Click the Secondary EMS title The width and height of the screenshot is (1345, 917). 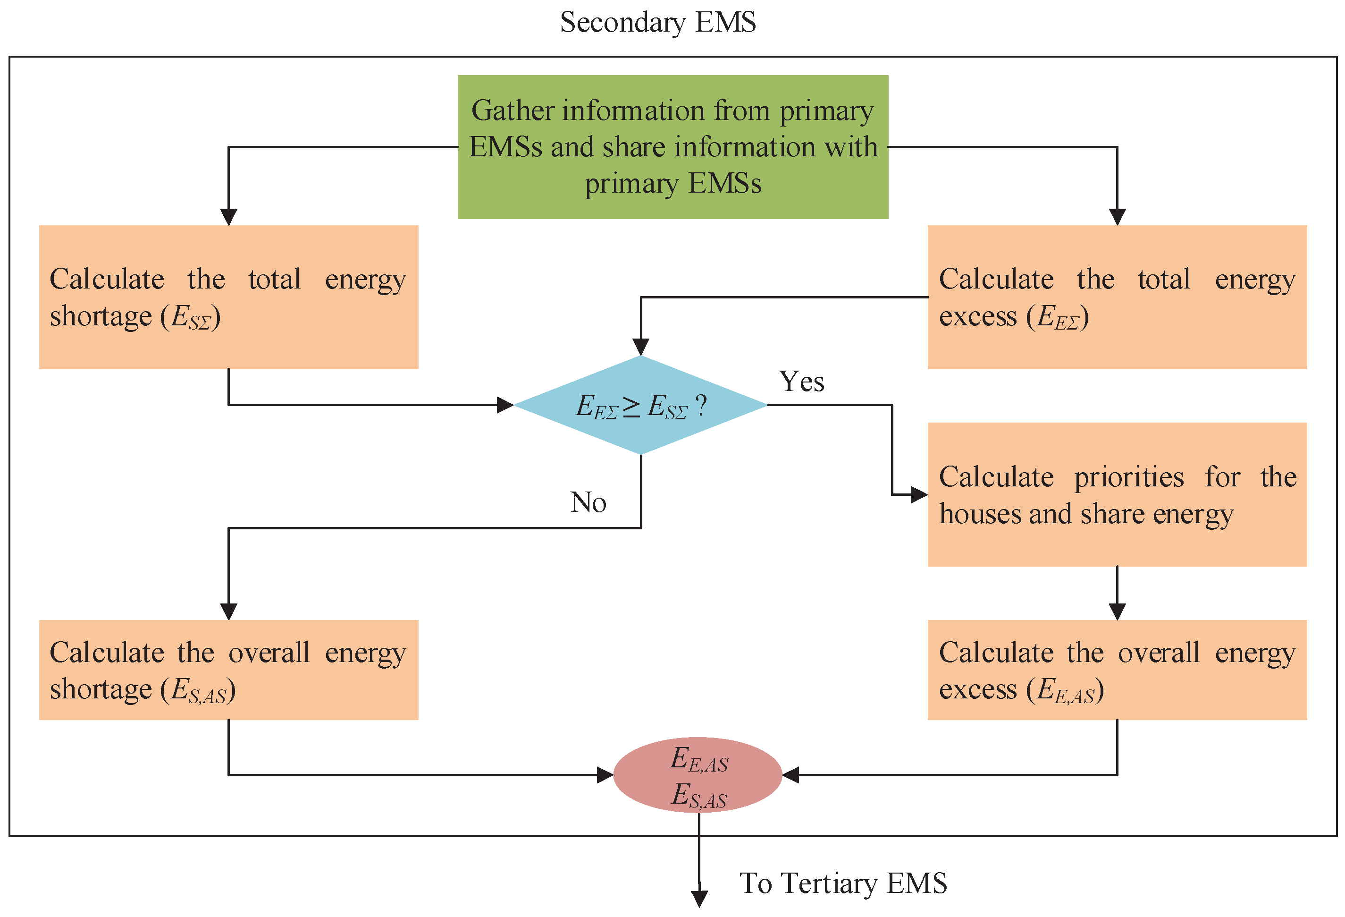tap(658, 23)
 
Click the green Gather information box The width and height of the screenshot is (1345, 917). tap(672, 146)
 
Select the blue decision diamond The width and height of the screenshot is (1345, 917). tap(641, 405)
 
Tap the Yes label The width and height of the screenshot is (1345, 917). tap(801, 382)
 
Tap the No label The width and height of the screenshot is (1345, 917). tap(588, 502)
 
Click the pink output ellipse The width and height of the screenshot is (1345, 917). tap(698, 774)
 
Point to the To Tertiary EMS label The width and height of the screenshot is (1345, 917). tap(843, 883)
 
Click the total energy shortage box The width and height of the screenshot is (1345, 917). tap(228, 297)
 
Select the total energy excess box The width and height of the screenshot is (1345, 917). tap(1117, 297)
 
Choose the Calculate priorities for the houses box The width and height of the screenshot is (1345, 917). tap(1117, 494)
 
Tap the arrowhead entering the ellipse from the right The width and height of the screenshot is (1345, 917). tap(791, 774)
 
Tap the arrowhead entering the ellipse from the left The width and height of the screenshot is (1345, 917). tap(605, 774)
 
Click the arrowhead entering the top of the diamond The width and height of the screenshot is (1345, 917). tap(641, 346)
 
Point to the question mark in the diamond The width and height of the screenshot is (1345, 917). tap(701, 405)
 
